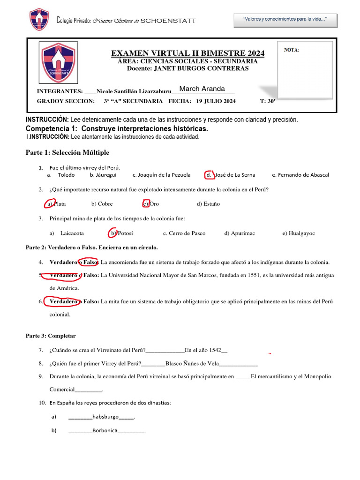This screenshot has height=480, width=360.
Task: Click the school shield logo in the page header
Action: [x=39, y=20]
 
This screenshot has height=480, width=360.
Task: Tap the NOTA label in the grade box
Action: [x=292, y=50]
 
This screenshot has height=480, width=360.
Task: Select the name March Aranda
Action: [x=202, y=89]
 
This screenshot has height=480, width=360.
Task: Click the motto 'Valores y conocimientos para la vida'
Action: [x=285, y=19]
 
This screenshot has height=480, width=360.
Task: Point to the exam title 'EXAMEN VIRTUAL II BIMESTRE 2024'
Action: [x=187, y=53]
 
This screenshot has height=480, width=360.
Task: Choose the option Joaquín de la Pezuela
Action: [x=161, y=175]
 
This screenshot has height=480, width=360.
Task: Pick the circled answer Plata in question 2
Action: [x=56, y=204]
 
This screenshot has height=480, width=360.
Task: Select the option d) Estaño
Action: [x=208, y=204]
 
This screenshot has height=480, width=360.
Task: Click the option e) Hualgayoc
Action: [x=298, y=233]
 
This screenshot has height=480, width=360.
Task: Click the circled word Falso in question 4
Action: [x=89, y=262]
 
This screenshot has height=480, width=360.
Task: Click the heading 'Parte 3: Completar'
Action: [x=50, y=336]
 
